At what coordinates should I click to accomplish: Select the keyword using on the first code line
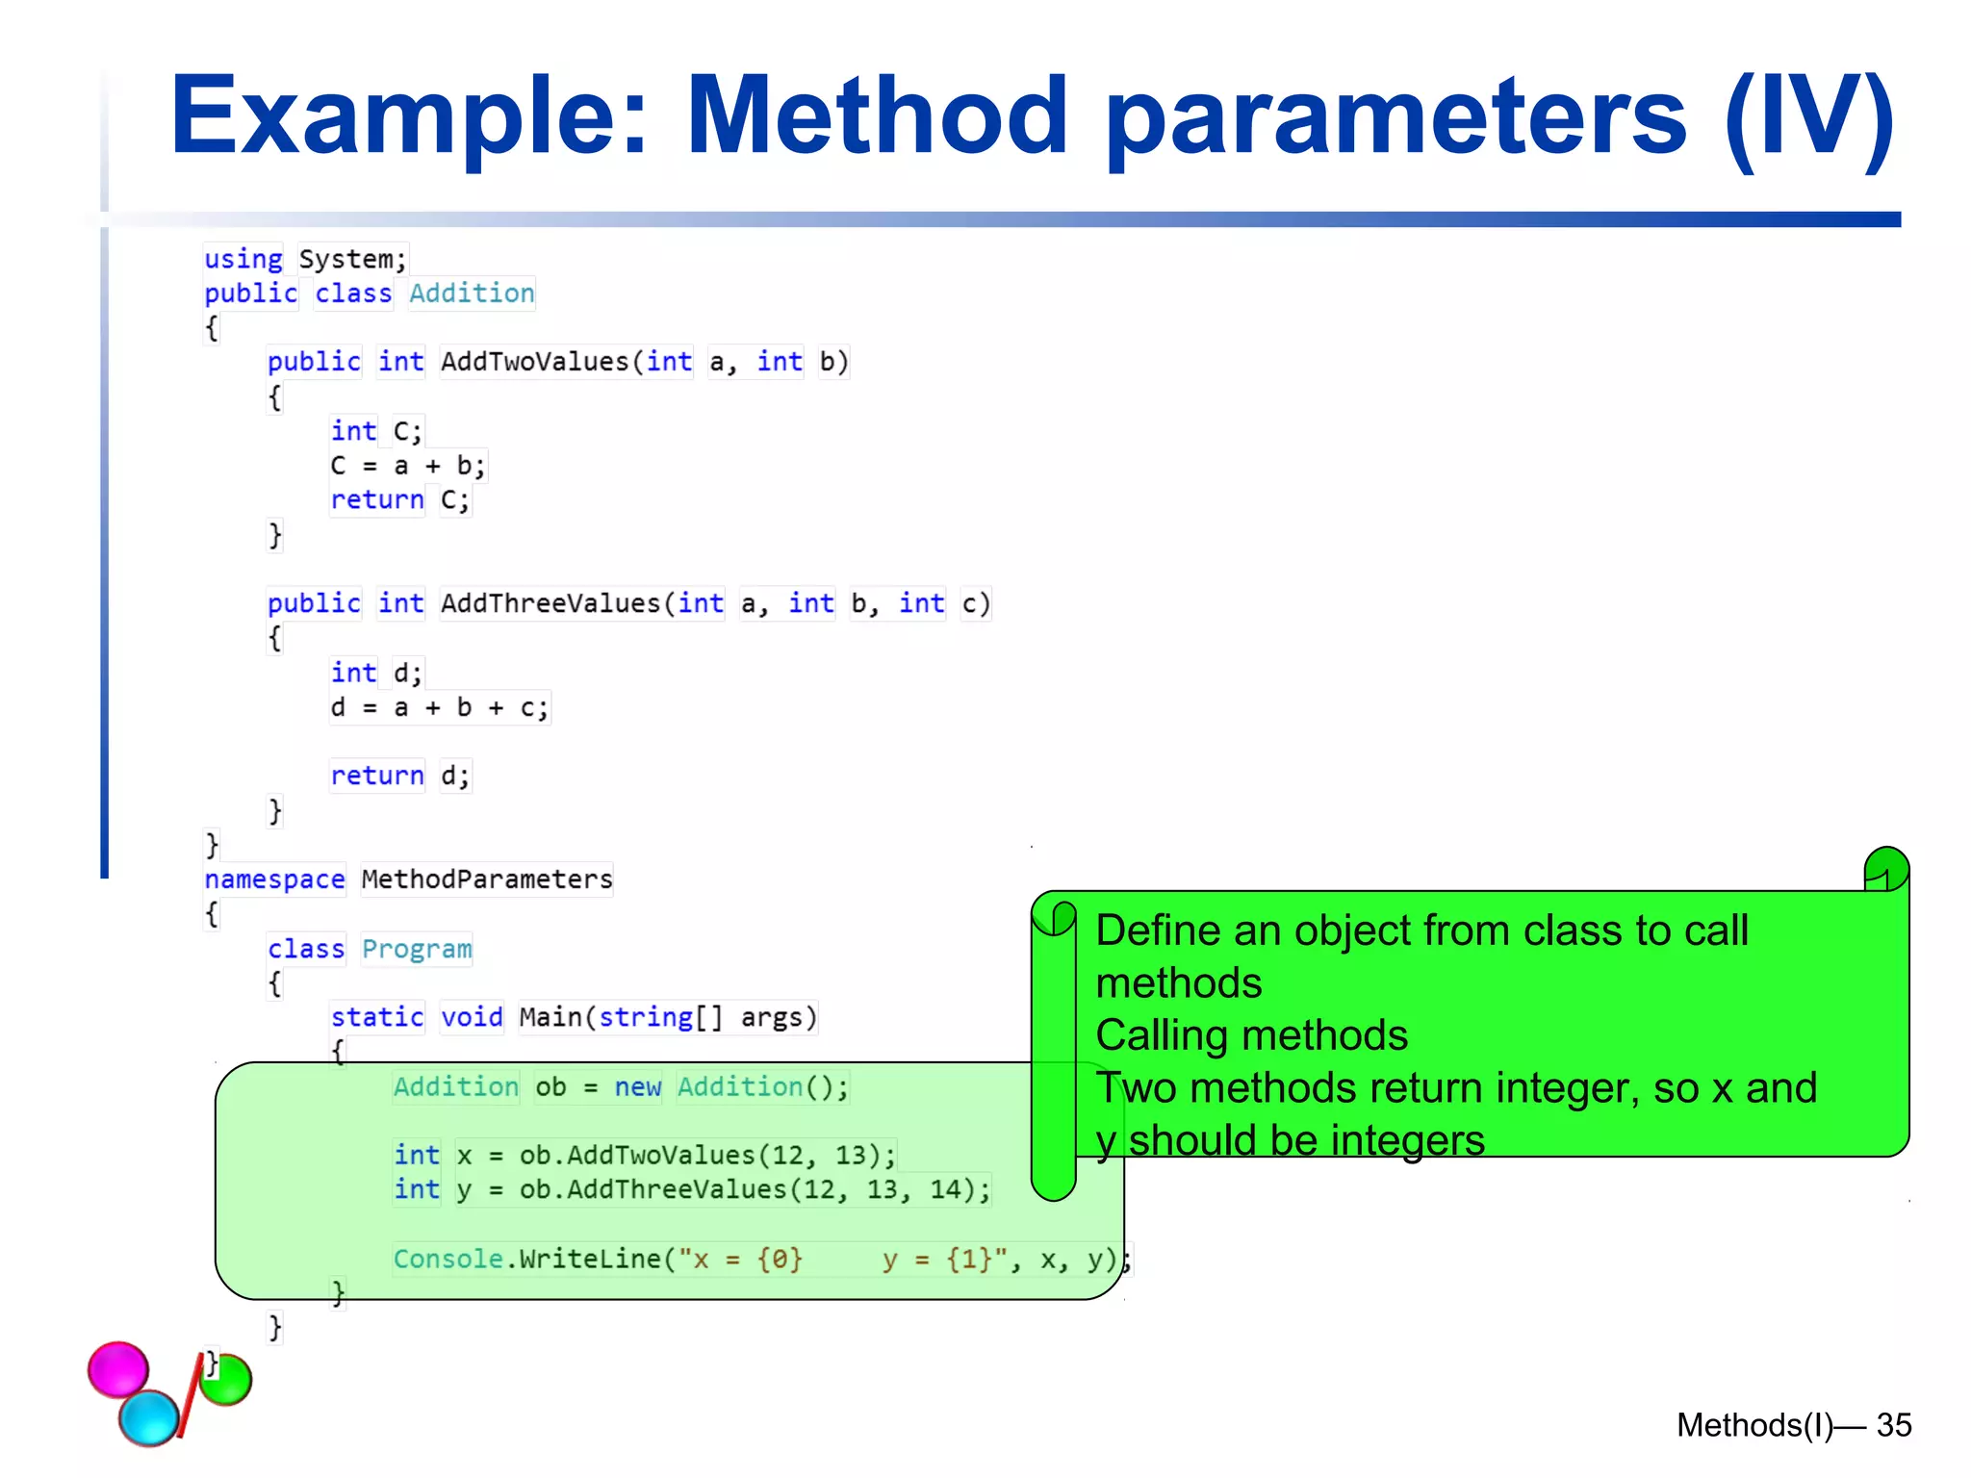click(x=243, y=259)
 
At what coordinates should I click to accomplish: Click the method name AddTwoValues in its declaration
click(x=534, y=362)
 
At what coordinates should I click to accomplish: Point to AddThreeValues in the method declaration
click(x=550, y=603)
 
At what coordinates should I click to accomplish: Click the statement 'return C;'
click(x=399, y=500)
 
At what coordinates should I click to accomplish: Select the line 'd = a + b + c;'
click(x=439, y=708)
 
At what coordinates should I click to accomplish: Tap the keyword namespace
click(x=274, y=879)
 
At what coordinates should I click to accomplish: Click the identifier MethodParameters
click(x=487, y=879)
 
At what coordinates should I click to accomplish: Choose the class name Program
click(x=417, y=949)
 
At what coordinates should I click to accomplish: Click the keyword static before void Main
click(x=377, y=1017)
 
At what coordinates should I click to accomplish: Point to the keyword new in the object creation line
click(x=637, y=1087)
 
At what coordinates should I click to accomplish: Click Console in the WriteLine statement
click(x=448, y=1260)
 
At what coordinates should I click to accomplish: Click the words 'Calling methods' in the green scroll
click(x=1251, y=1036)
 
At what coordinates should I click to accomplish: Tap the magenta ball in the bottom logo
click(x=118, y=1368)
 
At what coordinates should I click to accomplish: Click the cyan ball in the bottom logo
click(x=149, y=1417)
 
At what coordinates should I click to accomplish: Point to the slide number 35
click(x=1893, y=1425)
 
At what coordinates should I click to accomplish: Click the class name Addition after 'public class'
click(x=472, y=293)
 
